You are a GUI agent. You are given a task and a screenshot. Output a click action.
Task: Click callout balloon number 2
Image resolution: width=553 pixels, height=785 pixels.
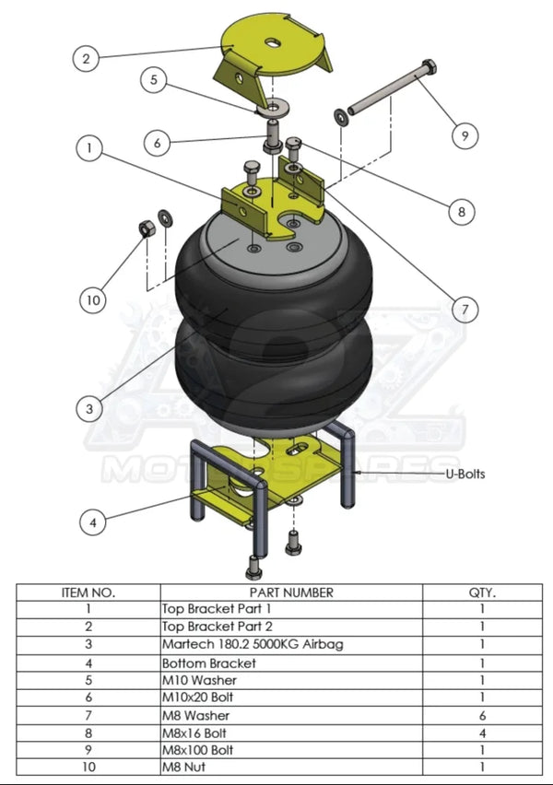(x=86, y=58)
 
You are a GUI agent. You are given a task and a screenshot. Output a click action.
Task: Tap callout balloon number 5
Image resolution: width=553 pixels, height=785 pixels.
(x=155, y=81)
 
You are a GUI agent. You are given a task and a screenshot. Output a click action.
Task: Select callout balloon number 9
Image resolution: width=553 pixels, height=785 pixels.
(x=465, y=135)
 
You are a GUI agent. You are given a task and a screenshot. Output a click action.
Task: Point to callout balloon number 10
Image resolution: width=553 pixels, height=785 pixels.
(x=92, y=299)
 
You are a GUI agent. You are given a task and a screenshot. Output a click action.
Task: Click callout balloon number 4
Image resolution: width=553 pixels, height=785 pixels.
(x=91, y=522)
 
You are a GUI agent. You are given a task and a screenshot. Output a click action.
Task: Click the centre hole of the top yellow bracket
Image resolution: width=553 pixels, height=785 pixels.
(x=274, y=42)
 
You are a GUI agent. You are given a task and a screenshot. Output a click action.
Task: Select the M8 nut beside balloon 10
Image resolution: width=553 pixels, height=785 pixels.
(x=145, y=228)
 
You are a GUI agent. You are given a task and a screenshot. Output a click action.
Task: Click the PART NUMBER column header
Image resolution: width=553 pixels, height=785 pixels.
(x=291, y=592)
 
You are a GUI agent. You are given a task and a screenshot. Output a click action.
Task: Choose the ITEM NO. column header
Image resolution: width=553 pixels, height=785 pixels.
(x=88, y=592)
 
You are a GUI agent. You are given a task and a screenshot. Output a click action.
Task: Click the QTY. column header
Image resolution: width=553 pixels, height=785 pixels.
(x=482, y=592)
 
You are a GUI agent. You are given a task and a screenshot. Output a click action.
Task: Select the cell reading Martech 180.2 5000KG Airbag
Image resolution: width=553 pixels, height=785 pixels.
(x=252, y=644)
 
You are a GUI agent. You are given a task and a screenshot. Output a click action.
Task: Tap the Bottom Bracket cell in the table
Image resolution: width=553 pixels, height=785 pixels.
(x=208, y=662)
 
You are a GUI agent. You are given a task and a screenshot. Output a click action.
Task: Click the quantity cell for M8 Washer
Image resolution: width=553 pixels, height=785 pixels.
(x=482, y=715)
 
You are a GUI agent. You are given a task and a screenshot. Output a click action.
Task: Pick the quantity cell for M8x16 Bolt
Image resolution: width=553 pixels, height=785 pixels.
(x=482, y=732)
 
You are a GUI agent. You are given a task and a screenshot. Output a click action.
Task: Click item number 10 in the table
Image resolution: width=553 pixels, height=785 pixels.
(x=88, y=767)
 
